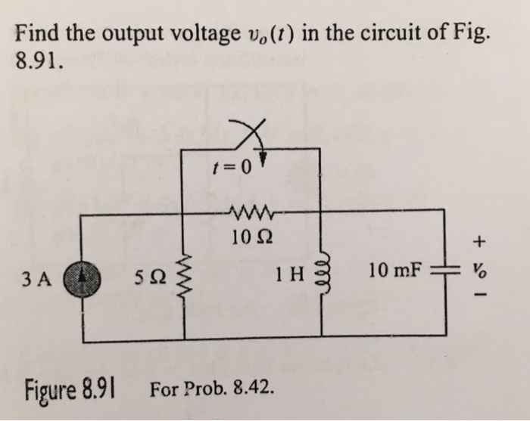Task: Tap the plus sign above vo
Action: [x=478, y=243]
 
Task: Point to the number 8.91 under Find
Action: [x=35, y=60]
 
